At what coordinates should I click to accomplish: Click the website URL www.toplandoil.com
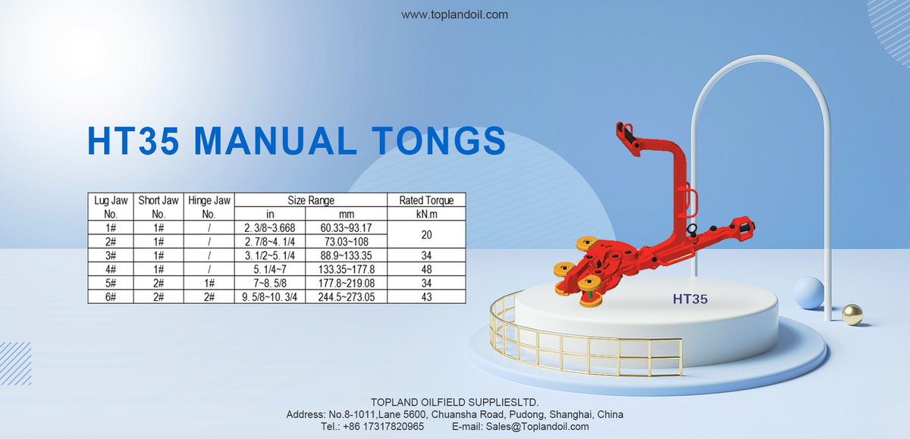pyautogui.click(x=454, y=14)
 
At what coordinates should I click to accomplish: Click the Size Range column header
pyautogui.click(x=311, y=200)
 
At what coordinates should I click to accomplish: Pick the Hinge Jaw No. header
pyautogui.click(x=209, y=206)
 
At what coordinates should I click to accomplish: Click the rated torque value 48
pyautogui.click(x=426, y=268)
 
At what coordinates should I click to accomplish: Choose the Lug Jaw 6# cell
pyautogui.click(x=110, y=296)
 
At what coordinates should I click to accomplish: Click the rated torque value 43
pyautogui.click(x=426, y=296)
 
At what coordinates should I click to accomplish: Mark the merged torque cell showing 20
pyautogui.click(x=426, y=234)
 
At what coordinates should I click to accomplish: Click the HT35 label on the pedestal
pyautogui.click(x=689, y=299)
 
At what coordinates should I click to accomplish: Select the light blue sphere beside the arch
pyautogui.click(x=808, y=292)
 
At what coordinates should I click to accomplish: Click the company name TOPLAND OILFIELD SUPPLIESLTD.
pyautogui.click(x=454, y=401)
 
